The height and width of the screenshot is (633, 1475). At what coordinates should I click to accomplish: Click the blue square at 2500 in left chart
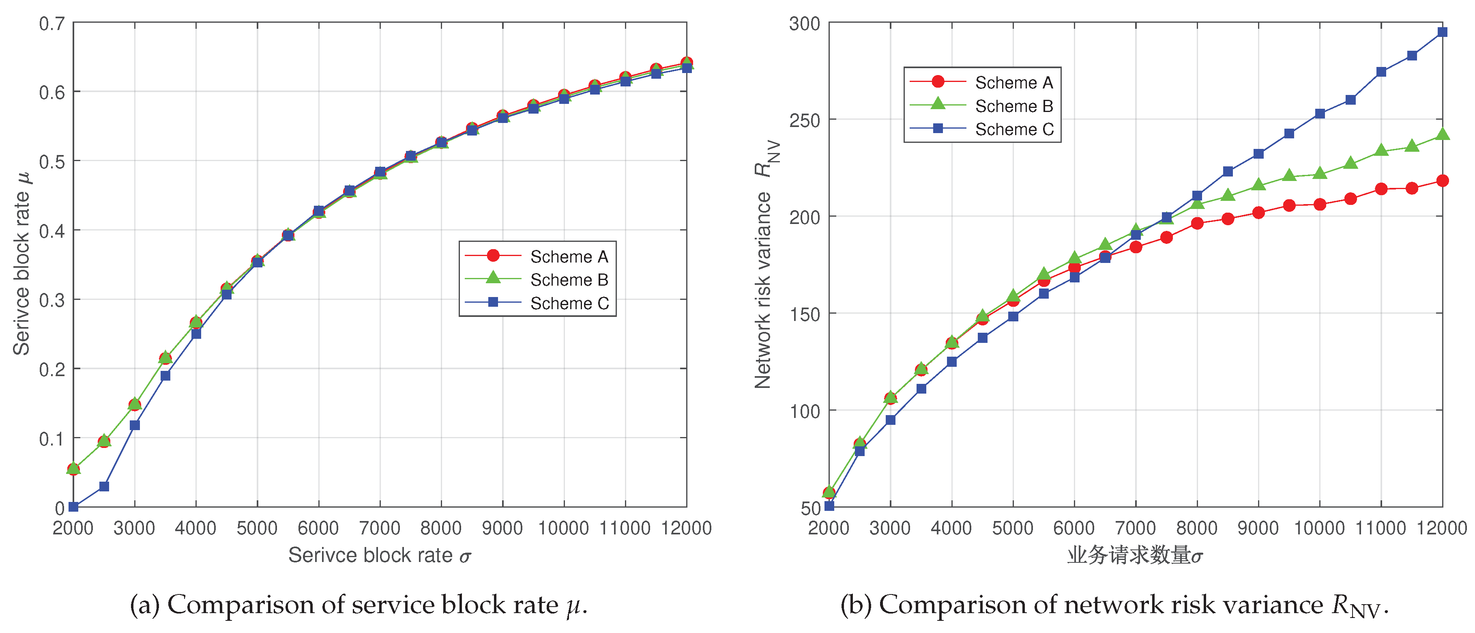(x=104, y=487)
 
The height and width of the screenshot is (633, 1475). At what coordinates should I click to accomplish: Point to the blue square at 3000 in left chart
(x=135, y=425)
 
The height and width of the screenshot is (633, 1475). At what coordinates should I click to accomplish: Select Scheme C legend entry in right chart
(x=1013, y=129)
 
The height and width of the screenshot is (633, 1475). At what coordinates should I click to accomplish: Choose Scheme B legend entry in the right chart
(x=1013, y=106)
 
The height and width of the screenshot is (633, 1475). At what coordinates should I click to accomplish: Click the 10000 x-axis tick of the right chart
(x=1319, y=527)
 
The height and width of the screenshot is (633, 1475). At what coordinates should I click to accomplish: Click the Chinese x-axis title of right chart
(x=1135, y=555)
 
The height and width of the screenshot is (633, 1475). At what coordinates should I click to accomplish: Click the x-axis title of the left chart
(x=379, y=555)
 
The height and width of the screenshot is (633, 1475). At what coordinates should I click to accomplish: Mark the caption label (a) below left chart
(x=145, y=605)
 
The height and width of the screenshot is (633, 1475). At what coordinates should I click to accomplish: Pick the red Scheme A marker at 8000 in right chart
(x=1197, y=224)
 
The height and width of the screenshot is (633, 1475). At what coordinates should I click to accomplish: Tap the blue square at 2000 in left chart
(x=73, y=506)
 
